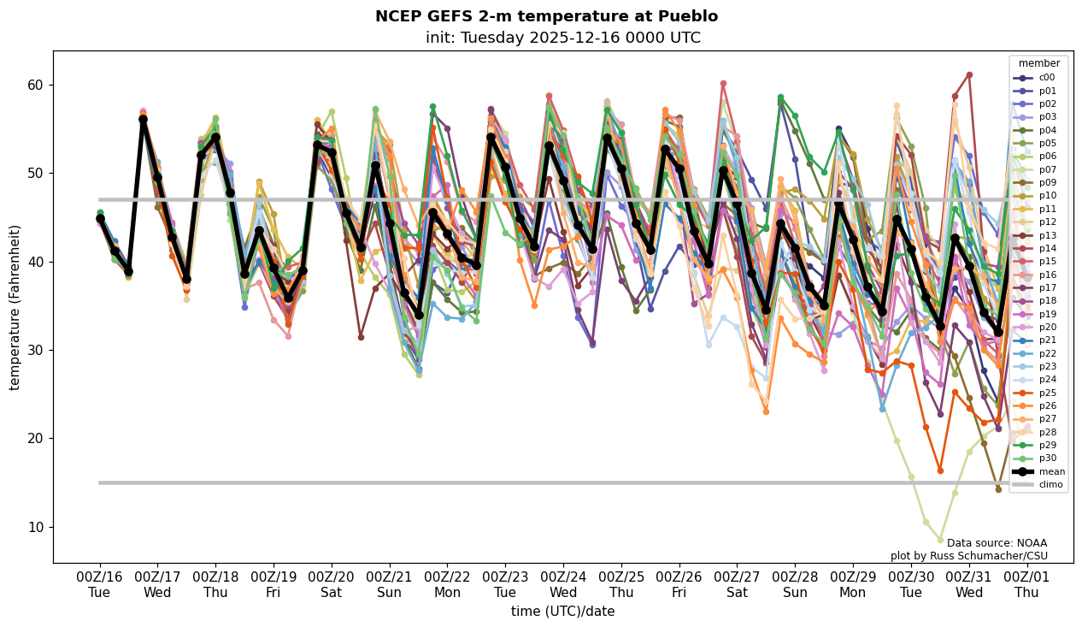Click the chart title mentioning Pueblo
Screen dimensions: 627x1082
coord(546,16)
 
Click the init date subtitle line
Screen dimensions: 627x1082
coord(562,38)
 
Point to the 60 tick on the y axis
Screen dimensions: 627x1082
coord(36,85)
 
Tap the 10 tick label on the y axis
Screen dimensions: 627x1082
coord(36,527)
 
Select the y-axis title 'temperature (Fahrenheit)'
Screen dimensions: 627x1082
coord(15,307)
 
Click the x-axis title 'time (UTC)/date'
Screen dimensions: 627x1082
coord(562,612)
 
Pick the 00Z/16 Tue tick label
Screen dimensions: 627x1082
coord(99,585)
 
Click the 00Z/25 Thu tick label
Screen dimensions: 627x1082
coord(620,585)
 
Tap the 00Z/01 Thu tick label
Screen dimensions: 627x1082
coord(1026,585)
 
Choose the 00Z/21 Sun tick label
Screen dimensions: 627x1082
coord(389,585)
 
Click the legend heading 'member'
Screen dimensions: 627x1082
coord(1038,63)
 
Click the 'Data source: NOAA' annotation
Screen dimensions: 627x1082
coord(997,543)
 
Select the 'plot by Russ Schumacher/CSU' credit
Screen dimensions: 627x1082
coord(968,556)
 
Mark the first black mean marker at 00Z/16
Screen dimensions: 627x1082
coord(100,218)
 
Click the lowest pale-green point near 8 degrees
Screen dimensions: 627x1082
coord(940,540)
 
